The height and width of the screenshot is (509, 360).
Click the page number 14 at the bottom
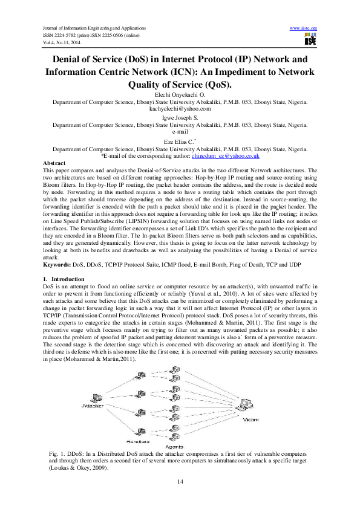point(180,481)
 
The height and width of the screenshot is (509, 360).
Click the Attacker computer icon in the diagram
point(94,398)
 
